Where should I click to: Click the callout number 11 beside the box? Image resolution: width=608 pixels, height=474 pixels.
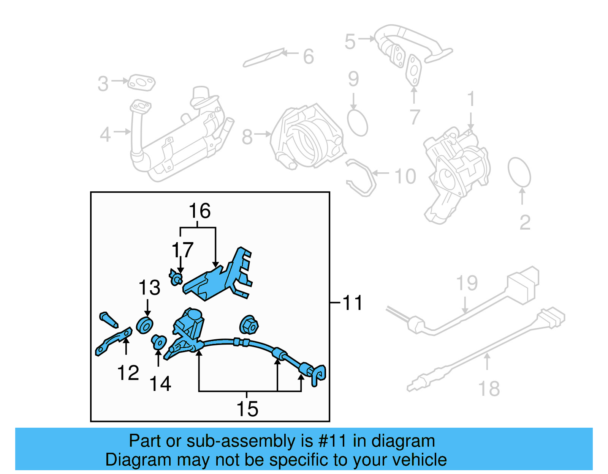coord(353,303)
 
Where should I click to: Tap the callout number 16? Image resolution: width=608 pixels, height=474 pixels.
coord(199,211)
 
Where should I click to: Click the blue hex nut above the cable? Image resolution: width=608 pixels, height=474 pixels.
coord(249,325)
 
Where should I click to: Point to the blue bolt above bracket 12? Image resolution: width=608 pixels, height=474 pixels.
coord(109,320)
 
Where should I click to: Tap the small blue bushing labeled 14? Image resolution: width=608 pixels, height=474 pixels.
coord(158,342)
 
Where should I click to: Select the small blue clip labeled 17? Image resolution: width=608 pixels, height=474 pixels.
coord(176,278)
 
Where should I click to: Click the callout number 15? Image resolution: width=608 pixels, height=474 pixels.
coord(247,409)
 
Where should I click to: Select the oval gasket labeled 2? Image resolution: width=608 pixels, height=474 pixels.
coord(519,173)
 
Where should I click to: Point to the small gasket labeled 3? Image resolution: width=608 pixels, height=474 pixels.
coord(141,83)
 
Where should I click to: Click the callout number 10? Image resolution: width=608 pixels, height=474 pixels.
coord(405,176)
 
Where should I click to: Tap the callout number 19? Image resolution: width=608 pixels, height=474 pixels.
coord(467,283)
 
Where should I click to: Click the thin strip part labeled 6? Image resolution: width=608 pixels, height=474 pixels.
coord(263,58)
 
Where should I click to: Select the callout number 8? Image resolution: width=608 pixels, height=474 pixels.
coord(247,137)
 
